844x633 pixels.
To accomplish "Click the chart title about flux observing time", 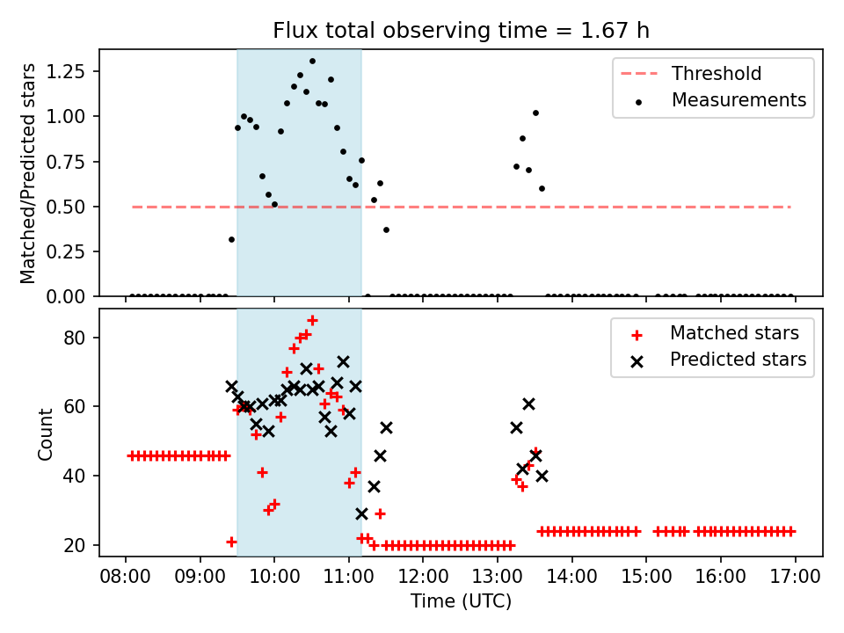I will click(461, 31).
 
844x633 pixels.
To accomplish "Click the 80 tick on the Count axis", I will click(78, 338).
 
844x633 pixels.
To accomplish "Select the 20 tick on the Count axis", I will click(78, 545).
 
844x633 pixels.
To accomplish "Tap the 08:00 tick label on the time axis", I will click(126, 578).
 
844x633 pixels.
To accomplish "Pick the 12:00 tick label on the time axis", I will click(423, 578).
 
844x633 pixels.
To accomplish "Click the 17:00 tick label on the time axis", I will click(795, 578).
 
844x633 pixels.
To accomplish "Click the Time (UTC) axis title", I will click(461, 601).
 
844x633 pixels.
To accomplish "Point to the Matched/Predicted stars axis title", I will click(28, 173).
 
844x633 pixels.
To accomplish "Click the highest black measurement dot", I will click(312, 62).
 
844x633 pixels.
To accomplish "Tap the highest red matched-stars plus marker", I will click(312, 320).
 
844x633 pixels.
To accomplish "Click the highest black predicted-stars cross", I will click(343, 361).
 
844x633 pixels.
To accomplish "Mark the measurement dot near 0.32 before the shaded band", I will click(231, 239).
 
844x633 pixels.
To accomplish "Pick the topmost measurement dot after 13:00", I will click(535, 113).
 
